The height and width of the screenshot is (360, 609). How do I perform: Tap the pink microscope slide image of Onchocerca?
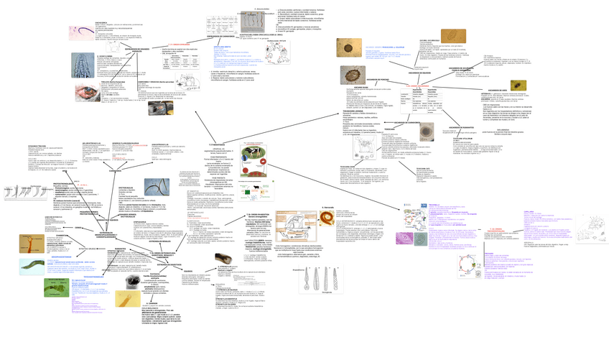coord(77,32)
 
